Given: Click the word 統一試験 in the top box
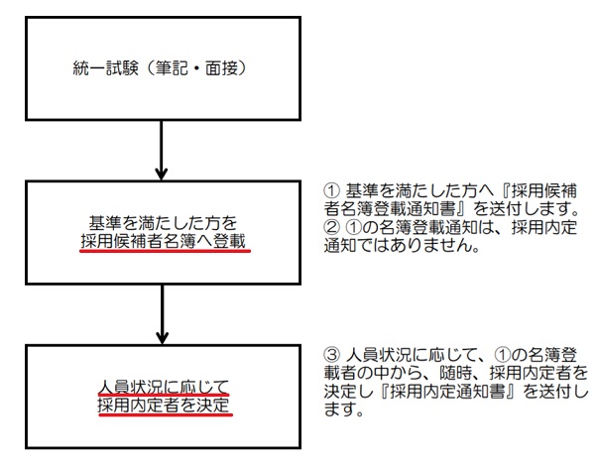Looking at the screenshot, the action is click(105, 68).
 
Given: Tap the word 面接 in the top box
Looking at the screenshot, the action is click(221, 68).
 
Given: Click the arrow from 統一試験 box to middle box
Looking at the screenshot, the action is click(162, 150).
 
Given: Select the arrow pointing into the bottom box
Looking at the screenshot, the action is click(162, 314).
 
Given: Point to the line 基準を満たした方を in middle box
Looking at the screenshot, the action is click(163, 223).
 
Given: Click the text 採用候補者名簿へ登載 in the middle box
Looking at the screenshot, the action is click(164, 241).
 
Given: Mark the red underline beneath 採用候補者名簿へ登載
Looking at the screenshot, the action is click(165, 251).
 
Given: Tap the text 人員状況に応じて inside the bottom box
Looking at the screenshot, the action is click(164, 388).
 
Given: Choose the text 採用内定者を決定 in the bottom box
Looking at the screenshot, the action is click(164, 406).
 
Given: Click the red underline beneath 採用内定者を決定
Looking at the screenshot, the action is click(166, 415).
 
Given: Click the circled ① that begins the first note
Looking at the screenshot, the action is click(331, 190).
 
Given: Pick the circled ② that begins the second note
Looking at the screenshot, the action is click(331, 227).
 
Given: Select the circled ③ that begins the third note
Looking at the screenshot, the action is click(331, 355).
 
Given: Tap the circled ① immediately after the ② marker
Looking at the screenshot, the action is click(353, 227).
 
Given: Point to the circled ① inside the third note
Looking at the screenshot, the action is click(502, 355).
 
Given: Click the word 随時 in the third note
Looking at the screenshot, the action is click(456, 373).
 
